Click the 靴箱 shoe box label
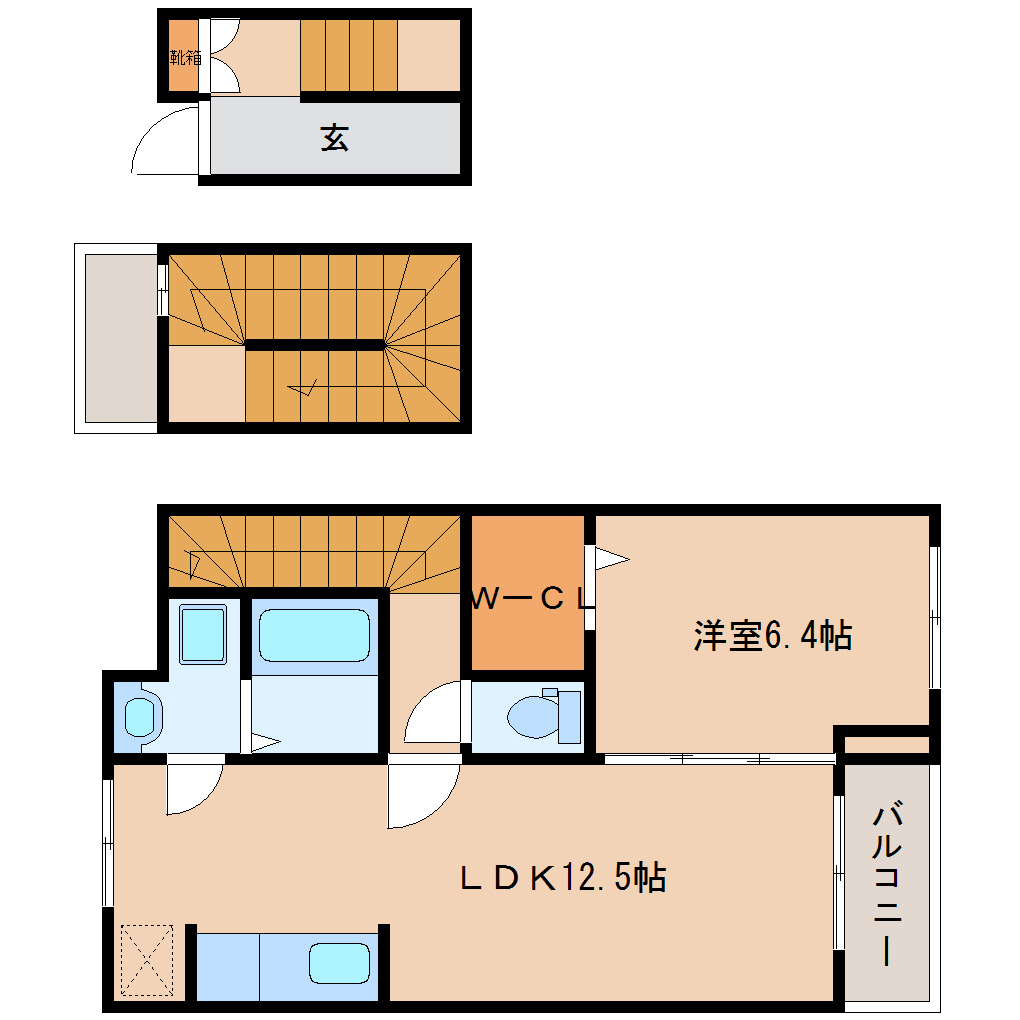point(184,57)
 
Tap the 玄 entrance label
point(334,137)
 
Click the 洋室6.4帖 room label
point(772,636)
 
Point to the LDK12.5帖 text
point(563,878)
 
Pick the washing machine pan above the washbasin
point(203,634)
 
